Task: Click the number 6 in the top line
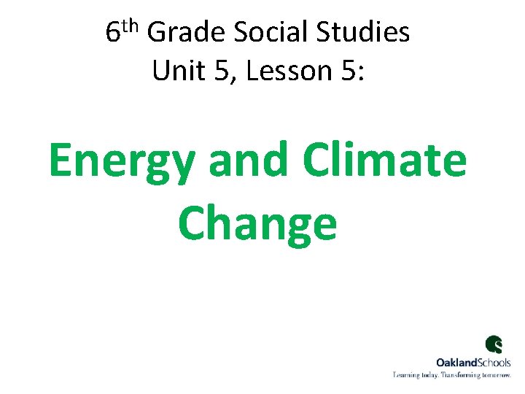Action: click(113, 33)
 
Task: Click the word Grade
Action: click(186, 33)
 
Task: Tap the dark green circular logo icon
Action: click(494, 344)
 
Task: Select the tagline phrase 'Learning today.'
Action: click(416, 374)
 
